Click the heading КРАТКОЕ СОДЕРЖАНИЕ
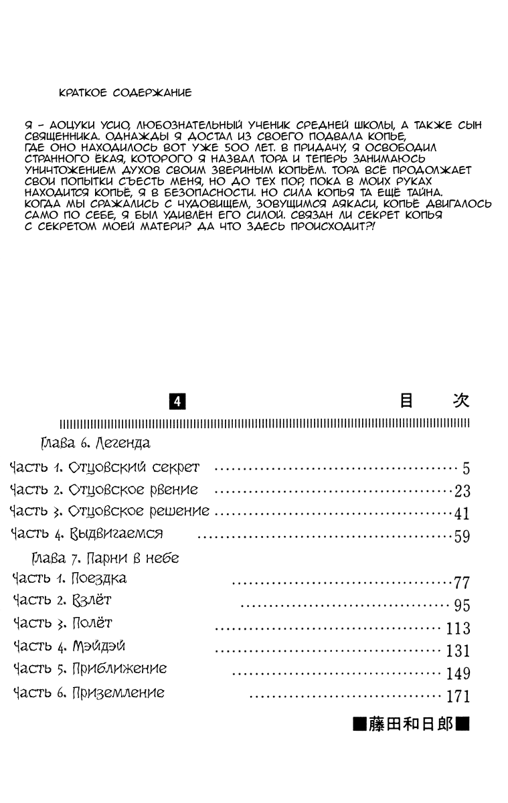(125, 93)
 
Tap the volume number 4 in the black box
(177, 401)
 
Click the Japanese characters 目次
(434, 401)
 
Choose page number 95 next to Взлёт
(462, 606)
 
